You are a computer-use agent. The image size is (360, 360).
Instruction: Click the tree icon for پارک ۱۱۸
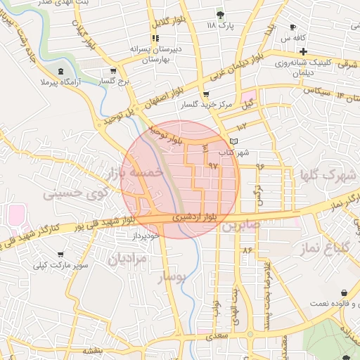pyautogui.click(x=220, y=14)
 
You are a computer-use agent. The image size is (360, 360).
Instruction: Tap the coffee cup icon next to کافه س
pyautogui.click(x=292, y=27)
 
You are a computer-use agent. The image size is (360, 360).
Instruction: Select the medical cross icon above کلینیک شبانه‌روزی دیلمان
pyautogui.click(x=303, y=52)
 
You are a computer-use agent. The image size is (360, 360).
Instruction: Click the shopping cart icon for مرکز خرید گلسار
pyautogui.click(x=205, y=94)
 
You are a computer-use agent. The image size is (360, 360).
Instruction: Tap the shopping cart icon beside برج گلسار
pyautogui.click(x=113, y=71)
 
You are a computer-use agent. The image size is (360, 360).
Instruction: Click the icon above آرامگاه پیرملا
pyautogui.click(x=60, y=72)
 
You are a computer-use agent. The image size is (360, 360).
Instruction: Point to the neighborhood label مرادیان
pyautogui.click(x=126, y=258)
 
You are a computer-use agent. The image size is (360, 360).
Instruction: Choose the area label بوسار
pyautogui.click(x=172, y=277)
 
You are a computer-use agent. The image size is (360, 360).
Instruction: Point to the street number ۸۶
pyautogui.click(x=247, y=250)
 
